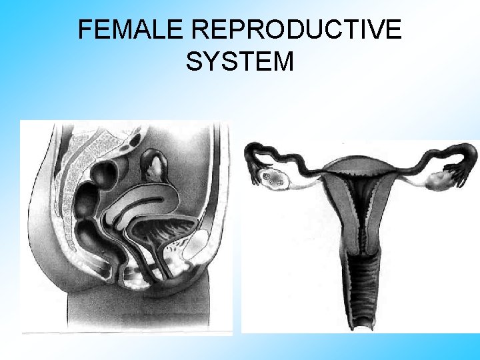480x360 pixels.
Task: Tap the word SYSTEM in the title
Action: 240,61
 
